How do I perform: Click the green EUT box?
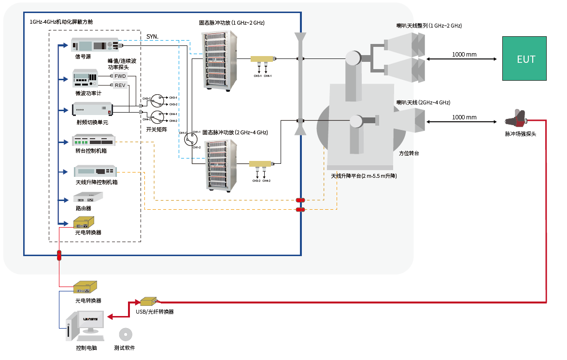526,58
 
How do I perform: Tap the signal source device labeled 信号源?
95,45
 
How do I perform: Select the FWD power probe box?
120,76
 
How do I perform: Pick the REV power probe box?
120,86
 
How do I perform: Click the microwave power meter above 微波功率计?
85,79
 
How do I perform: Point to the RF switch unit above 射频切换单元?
92,110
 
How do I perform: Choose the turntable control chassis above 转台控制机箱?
94,141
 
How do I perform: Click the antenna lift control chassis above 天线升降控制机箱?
95,171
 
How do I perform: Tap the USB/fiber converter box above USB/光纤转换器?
148,302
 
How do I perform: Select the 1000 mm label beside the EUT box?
464,54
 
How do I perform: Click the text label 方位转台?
409,153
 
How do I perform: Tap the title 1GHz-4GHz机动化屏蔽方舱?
61,22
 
